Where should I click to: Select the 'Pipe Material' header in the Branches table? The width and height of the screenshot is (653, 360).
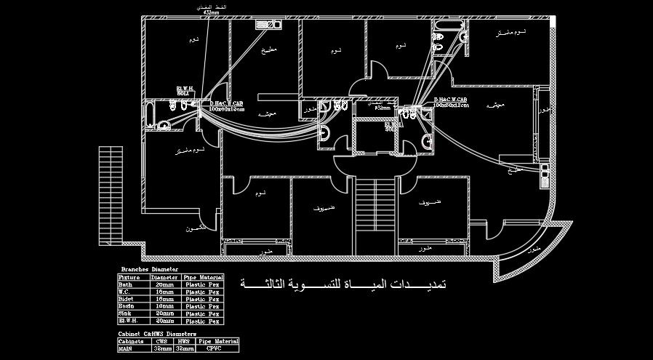coord(204,277)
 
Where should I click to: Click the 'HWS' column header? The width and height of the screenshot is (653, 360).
coord(184,341)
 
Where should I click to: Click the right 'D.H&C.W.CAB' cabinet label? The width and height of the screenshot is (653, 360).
coord(451,102)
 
